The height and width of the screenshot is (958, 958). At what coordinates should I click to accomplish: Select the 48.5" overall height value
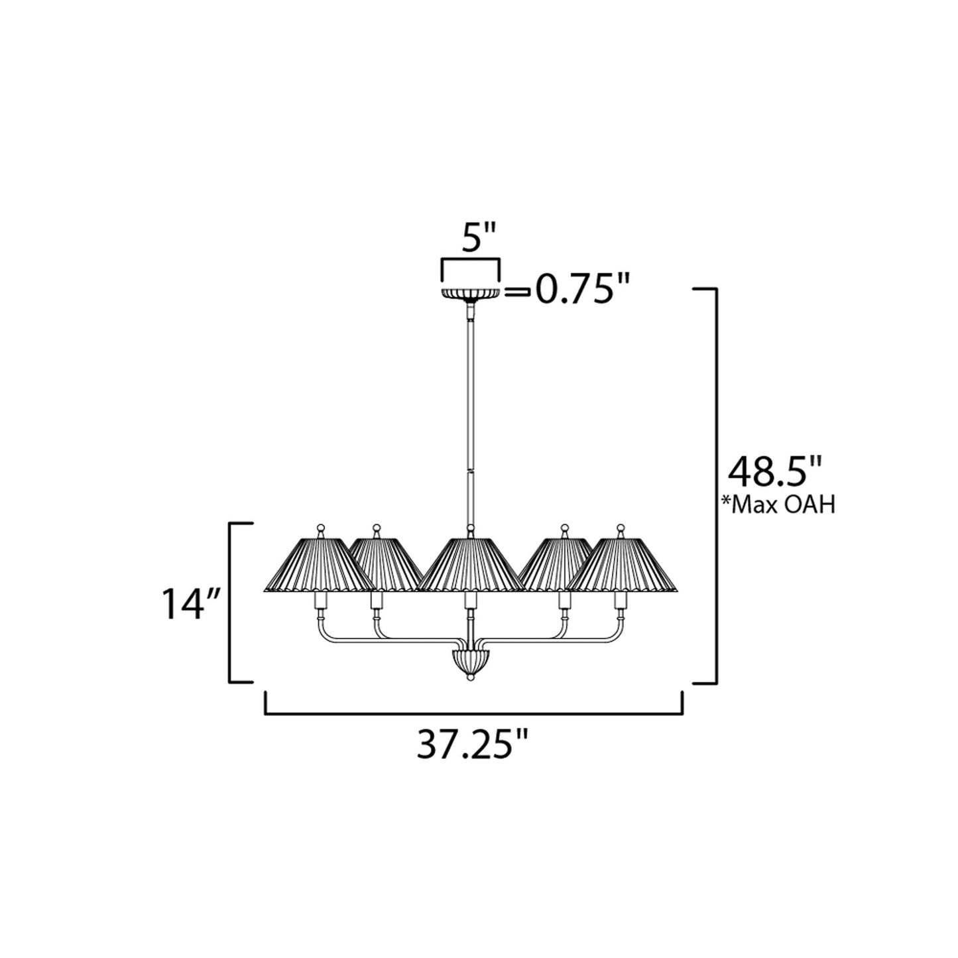[775, 472]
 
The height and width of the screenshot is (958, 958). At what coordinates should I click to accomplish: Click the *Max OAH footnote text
[778, 505]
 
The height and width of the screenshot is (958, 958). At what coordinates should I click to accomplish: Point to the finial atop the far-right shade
[621, 530]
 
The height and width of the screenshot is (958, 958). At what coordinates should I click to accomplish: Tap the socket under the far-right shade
[621, 602]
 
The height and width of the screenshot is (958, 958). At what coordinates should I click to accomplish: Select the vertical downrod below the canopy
[471, 411]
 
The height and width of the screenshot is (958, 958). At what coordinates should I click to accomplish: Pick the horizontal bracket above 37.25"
[473, 714]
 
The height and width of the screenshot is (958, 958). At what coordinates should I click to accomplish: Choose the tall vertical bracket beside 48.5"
[715, 484]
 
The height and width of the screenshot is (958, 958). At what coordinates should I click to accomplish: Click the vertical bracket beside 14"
[231, 602]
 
